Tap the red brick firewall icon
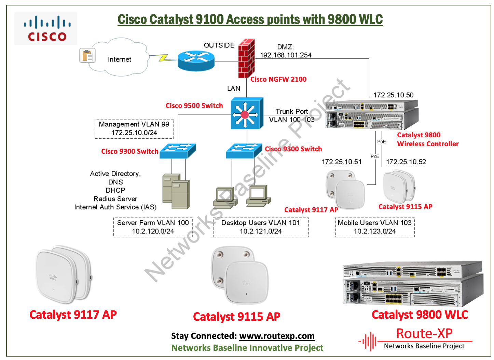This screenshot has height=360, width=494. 246,58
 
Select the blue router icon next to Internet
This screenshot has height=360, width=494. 196,61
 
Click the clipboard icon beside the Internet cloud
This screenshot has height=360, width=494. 87,55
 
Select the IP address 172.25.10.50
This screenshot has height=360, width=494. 393,95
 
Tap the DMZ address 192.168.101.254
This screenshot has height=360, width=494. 286,55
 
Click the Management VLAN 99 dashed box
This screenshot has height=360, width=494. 134,128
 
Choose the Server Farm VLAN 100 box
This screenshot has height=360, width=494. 153,227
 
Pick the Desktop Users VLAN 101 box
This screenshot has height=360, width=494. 261,227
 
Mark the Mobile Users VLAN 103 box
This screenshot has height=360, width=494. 375,227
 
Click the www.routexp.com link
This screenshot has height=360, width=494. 277,336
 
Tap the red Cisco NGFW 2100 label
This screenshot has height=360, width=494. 278,79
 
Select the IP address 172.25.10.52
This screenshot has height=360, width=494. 406,162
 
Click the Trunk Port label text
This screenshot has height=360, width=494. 292,111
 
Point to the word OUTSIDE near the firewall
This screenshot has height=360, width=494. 219,45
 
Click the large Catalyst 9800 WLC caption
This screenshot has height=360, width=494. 420,315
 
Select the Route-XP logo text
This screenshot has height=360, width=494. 424,333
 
